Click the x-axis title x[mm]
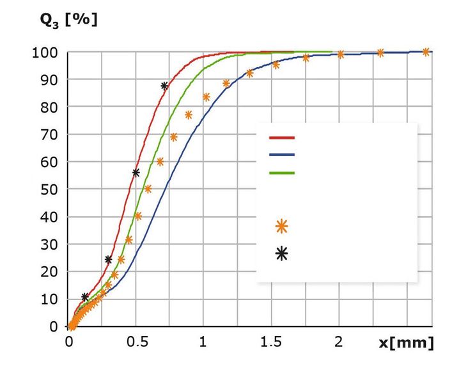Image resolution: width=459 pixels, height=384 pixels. coord(406,343)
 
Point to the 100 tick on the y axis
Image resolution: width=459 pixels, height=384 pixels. coord(45,52)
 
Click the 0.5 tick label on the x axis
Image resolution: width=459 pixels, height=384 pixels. coord(136,342)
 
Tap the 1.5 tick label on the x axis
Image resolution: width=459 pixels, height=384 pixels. coord(270,342)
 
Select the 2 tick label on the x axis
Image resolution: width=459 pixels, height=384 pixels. coord(338,342)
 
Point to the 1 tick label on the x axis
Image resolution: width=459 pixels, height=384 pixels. coord(203,342)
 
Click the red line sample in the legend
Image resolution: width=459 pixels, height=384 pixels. coord(281,138)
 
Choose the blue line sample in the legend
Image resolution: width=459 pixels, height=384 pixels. coord(281,155)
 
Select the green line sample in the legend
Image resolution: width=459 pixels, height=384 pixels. coord(281,173)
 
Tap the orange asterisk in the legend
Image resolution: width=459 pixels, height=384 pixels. coord(281,226)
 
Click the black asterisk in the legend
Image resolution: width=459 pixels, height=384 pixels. coord(281,254)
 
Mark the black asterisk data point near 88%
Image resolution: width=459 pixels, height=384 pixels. coord(164,86)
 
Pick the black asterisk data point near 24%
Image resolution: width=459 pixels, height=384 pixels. coord(108,260)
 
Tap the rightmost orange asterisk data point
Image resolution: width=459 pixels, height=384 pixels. coord(426,52)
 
